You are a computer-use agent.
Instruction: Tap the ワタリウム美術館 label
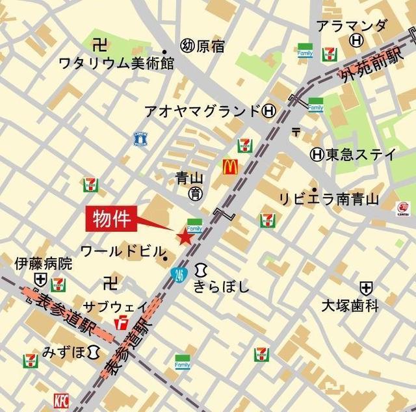116,64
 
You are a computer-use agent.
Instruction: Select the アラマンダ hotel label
352,26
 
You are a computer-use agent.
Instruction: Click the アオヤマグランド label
201,110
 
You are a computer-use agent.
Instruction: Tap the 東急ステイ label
361,155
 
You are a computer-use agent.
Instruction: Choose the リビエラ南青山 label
329,199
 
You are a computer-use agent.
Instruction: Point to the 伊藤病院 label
44,264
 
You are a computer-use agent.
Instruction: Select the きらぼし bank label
221,286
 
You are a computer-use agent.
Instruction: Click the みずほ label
63,352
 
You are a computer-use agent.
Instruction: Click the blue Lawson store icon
140,138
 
